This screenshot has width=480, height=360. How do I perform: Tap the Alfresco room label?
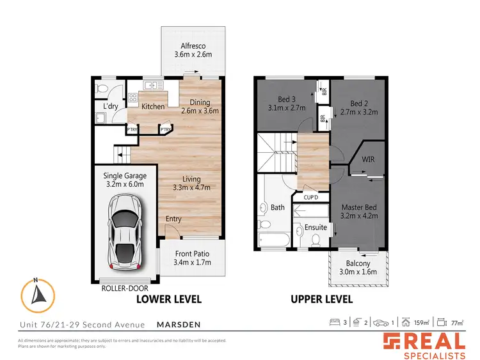(191, 45)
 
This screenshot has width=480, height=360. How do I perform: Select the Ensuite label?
(316, 227)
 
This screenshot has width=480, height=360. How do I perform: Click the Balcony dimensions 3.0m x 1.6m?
(358, 272)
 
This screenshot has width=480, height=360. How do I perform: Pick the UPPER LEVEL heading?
(321, 299)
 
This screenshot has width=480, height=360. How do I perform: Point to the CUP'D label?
(312, 197)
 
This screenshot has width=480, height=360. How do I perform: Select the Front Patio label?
(192, 253)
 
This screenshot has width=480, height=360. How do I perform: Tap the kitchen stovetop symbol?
(134, 98)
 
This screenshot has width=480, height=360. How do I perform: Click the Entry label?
(173, 219)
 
